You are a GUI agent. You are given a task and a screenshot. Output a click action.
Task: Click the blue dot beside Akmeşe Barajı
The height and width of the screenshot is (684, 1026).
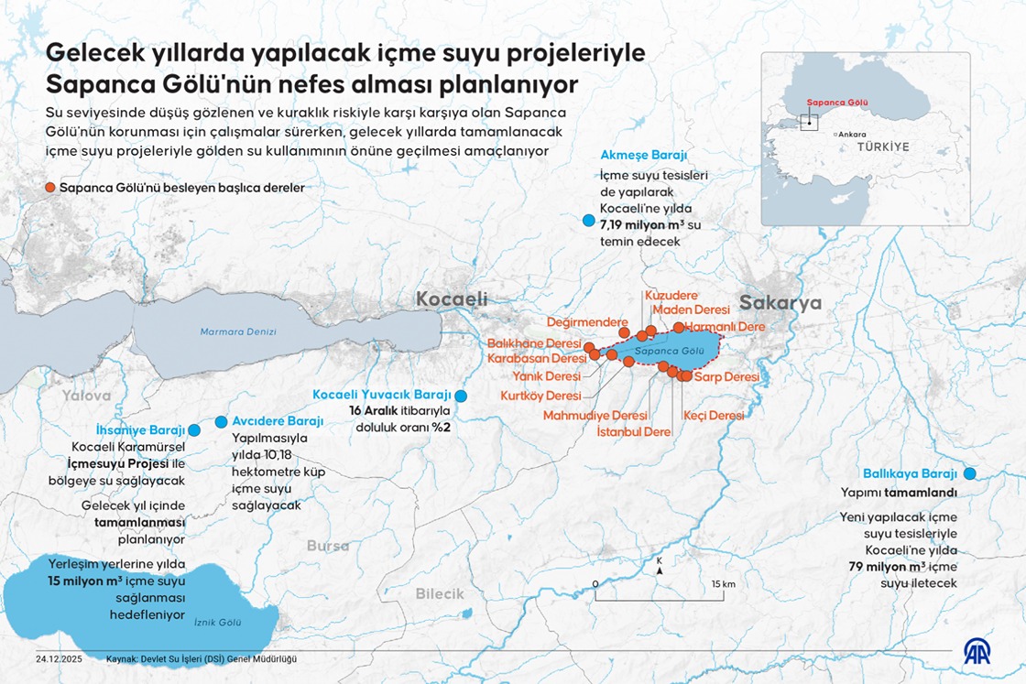[587, 221]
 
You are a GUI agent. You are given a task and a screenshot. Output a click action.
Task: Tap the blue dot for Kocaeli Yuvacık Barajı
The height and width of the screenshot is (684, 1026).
[461, 396]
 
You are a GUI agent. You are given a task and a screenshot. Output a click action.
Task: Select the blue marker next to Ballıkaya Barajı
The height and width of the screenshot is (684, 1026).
[969, 473]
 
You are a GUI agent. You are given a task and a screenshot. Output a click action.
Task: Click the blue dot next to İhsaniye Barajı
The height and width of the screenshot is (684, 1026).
[194, 430]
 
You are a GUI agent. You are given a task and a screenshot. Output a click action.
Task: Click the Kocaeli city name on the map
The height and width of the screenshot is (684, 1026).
[452, 299]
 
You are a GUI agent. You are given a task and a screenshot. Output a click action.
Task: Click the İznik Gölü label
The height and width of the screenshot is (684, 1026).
[217, 622]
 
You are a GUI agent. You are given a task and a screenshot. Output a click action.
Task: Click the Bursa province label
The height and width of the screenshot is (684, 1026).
[328, 546]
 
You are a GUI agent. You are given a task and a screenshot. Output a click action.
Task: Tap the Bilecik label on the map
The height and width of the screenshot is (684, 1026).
[440, 593]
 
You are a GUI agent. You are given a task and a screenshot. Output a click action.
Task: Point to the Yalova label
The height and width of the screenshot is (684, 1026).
[86, 396]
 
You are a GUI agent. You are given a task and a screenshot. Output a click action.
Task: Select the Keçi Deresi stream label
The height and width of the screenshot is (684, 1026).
[714, 415]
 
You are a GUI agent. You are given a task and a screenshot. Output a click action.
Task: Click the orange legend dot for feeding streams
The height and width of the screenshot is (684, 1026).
[50, 188]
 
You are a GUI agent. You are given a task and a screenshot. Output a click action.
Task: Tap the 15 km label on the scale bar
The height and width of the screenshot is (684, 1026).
[723, 584]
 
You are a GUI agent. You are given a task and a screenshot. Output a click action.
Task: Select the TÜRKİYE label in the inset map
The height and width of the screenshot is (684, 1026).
[883, 147]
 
